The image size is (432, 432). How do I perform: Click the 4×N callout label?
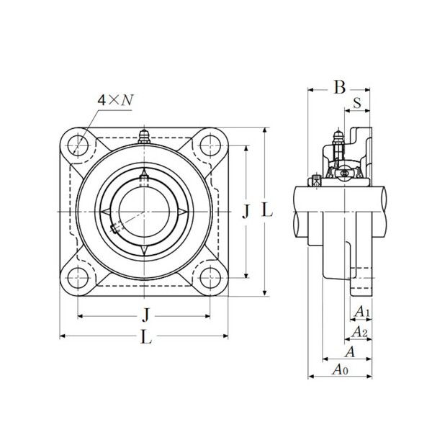pyautogui.click(x=115, y=100)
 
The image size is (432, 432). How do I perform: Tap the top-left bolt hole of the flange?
pyautogui.click(x=78, y=145)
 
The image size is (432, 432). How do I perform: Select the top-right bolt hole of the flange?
pyautogui.click(x=210, y=145)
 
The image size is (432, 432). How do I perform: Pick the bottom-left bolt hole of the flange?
pyautogui.click(x=78, y=278)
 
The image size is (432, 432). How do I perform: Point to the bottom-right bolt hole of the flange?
pyautogui.click(x=210, y=278)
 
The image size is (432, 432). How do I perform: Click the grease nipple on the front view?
pyautogui.click(x=144, y=136)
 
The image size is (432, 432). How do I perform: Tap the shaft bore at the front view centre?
pyautogui.click(x=144, y=212)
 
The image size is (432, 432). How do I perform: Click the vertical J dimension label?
pyautogui.click(x=246, y=212)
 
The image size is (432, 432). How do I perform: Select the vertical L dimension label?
pyautogui.click(x=266, y=211)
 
